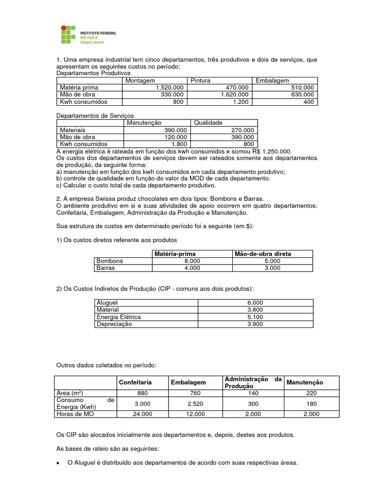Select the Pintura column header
coord(200,80)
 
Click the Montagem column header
coord(140,80)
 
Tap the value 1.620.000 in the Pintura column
coord(234,95)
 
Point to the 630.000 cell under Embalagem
coord(300,95)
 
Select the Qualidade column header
coord(208,123)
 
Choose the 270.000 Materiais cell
coord(242,130)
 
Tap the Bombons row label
coord(110,261)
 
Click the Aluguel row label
coord(108,303)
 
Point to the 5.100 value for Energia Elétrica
coord(256,317)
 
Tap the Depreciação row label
coord(114,324)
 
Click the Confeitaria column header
coord(135,383)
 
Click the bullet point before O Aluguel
coord(59,463)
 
